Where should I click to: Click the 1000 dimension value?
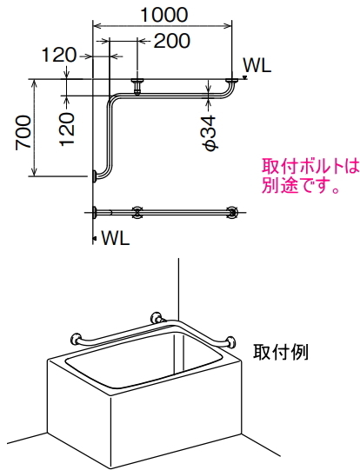click(x=164, y=15)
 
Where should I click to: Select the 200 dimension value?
click(x=172, y=41)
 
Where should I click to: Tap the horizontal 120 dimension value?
click(x=59, y=55)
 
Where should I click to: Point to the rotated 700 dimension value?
click(x=23, y=132)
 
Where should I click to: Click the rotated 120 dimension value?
click(x=67, y=129)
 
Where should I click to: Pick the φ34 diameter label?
click(x=209, y=133)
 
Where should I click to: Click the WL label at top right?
click(x=257, y=65)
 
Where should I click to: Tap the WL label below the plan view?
click(x=116, y=238)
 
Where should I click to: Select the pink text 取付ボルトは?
click(x=310, y=166)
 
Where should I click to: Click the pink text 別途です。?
click(x=301, y=185)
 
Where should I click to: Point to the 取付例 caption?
click(x=281, y=352)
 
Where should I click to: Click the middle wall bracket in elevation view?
click(x=137, y=86)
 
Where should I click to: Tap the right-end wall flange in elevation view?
click(x=232, y=82)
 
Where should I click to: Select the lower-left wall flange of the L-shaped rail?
click(x=95, y=176)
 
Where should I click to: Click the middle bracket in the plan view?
click(x=137, y=212)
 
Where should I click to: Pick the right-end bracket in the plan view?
click(x=232, y=212)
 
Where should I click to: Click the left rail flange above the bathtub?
click(x=75, y=340)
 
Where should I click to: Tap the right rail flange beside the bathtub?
click(x=231, y=342)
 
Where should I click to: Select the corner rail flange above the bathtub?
click(x=157, y=318)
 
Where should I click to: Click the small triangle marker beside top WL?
click(x=245, y=77)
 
